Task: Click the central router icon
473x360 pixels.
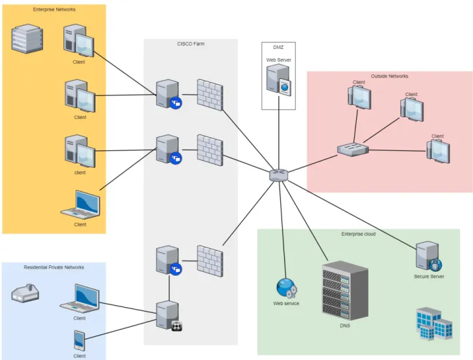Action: [279, 175]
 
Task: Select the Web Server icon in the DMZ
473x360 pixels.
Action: [279, 80]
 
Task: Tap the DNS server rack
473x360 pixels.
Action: [345, 290]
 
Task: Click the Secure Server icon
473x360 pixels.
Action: [429, 256]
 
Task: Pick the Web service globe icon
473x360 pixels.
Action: [286, 288]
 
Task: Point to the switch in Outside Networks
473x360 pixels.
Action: [353, 150]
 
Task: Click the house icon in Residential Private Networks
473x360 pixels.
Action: [25, 293]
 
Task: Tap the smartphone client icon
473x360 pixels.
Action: [79, 340]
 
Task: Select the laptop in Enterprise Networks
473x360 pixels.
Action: [80, 205]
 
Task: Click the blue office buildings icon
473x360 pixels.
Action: [434, 324]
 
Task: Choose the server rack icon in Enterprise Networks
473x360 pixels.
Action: [27, 39]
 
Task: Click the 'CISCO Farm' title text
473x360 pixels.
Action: [191, 44]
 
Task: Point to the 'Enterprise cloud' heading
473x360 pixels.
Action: [359, 234]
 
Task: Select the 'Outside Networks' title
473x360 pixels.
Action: [389, 76]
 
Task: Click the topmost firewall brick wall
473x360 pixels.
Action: [210, 95]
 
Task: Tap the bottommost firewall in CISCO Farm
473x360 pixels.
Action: [210, 261]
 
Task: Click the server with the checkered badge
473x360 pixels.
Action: [169, 316]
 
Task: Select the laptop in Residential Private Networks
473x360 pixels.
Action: [80, 299]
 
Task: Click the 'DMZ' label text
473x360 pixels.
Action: [278, 48]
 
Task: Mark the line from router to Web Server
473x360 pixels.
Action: [279, 133]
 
